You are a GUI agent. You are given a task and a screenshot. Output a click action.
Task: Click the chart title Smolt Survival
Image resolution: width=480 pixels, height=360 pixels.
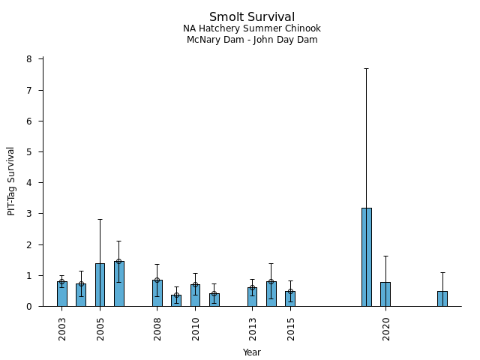click(x=251, y=17)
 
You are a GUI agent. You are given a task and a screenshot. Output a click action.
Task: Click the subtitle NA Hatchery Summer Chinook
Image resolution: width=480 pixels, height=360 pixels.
click(x=251, y=28)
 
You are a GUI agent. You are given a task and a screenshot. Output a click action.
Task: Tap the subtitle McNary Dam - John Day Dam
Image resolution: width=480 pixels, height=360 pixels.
click(x=251, y=40)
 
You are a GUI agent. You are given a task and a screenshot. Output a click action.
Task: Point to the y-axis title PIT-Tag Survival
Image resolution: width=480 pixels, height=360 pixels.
click(x=11, y=181)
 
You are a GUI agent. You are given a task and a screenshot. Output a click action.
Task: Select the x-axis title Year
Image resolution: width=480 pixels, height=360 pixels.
click(x=251, y=352)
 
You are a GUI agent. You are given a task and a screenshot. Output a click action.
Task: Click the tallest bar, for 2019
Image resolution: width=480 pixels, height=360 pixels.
click(x=366, y=256)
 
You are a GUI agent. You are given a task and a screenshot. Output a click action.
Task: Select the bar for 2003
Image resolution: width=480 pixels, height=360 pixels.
click(x=62, y=294)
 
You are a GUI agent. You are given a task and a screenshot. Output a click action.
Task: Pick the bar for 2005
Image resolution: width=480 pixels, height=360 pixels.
click(x=100, y=285)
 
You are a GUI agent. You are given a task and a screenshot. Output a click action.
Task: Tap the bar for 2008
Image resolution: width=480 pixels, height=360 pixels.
click(x=157, y=293)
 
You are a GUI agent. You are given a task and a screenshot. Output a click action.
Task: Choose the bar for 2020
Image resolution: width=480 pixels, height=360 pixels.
click(x=385, y=294)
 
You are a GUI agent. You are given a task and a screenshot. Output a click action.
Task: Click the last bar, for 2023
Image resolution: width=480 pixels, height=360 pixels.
click(x=442, y=298)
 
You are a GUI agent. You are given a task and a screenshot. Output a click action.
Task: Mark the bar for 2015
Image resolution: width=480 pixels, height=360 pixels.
click(x=290, y=298)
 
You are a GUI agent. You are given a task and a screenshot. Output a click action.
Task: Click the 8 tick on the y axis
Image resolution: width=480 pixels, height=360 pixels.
click(x=28, y=59)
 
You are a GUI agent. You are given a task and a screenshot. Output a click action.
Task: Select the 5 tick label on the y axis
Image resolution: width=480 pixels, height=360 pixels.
click(x=28, y=152)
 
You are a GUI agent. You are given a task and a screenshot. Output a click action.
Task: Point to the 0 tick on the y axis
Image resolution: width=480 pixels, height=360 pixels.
click(x=28, y=307)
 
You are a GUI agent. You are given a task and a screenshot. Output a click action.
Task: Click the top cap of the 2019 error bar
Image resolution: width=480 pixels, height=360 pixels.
click(x=366, y=68)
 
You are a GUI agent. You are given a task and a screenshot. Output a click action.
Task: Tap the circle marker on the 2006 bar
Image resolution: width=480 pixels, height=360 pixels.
click(x=118, y=261)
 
